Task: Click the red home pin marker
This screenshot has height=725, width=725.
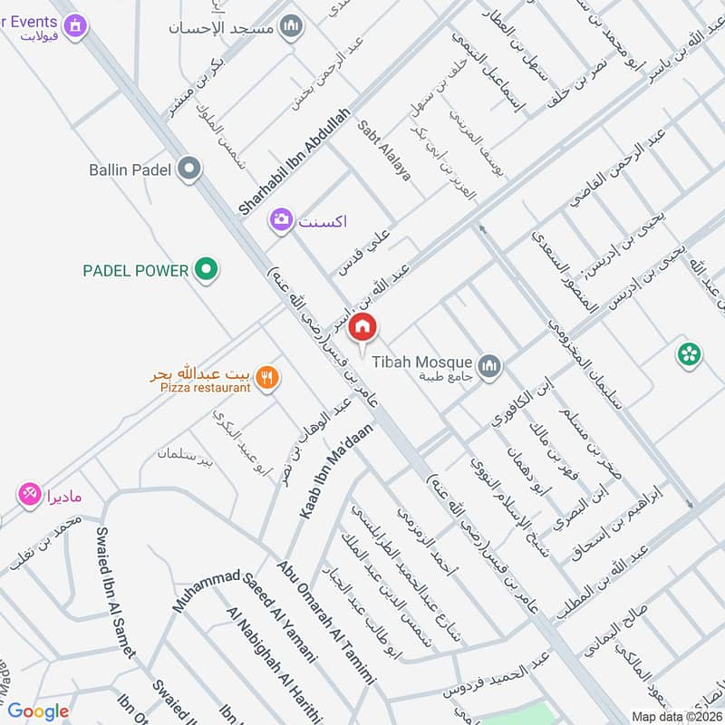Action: tap(362, 327)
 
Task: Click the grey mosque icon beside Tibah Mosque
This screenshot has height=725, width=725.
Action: tap(489, 365)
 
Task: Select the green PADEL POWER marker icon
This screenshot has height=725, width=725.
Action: tap(208, 269)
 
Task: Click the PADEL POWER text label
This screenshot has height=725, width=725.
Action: tap(135, 270)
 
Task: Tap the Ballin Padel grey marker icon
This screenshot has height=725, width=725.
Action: tap(189, 169)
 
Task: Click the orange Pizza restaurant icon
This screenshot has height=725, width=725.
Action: tap(266, 378)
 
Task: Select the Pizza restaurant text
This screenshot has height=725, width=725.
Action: tap(205, 388)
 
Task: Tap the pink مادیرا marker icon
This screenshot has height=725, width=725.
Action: tap(28, 495)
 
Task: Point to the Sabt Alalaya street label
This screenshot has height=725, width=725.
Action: tap(385, 150)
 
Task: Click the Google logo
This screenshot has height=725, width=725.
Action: tap(38, 711)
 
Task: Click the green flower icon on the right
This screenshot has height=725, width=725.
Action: tap(689, 354)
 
